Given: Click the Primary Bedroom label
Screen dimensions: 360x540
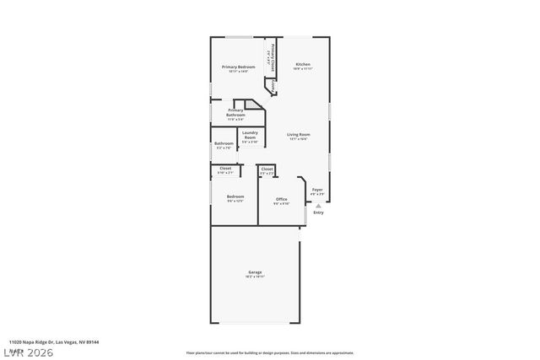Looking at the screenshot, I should pyautogui.click(x=238, y=67).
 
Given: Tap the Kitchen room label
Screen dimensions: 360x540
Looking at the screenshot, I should pyautogui.click(x=303, y=65).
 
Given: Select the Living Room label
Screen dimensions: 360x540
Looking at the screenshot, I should pyautogui.click(x=298, y=135).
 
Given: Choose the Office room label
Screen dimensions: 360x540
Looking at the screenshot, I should pyautogui.click(x=281, y=199).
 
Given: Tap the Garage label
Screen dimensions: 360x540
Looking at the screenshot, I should pyautogui.click(x=255, y=271).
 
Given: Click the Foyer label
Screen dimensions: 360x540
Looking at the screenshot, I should pyautogui.click(x=317, y=190).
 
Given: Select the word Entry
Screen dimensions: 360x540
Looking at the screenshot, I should pyautogui.click(x=318, y=212).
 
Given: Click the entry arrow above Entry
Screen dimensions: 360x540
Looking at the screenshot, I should pyautogui.click(x=318, y=205).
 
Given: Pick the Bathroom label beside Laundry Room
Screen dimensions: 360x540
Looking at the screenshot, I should pyautogui.click(x=224, y=143).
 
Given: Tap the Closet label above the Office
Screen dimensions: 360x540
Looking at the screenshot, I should pyautogui.click(x=267, y=169).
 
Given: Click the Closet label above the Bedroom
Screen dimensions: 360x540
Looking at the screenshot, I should pyautogui.click(x=225, y=169).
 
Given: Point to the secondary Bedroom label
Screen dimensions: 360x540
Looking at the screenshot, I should pyautogui.click(x=235, y=196).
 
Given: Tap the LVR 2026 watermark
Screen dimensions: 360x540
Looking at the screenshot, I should pyautogui.click(x=27, y=352).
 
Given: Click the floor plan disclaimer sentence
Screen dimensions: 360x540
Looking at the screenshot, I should pyautogui.click(x=269, y=352).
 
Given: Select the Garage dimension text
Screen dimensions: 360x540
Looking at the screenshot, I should pyautogui.click(x=255, y=277).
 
